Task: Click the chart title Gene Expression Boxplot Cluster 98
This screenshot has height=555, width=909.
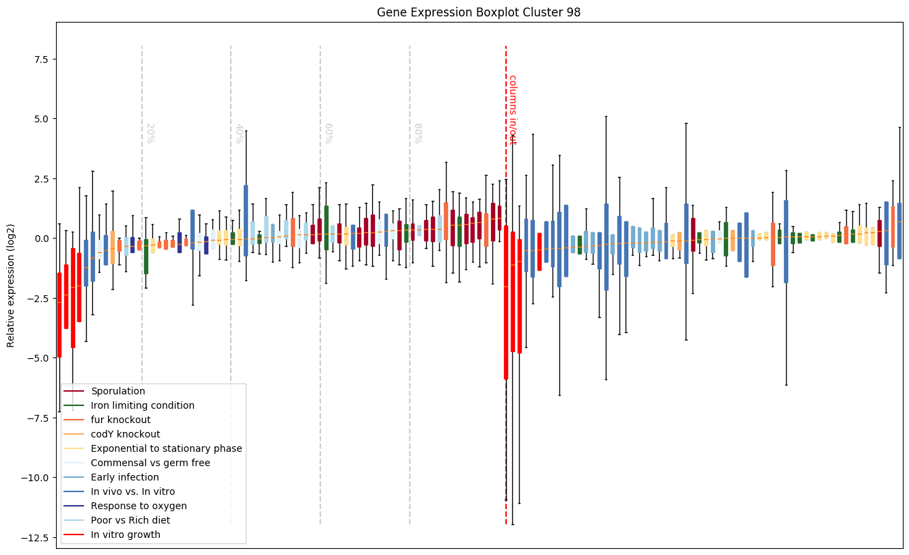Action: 479,12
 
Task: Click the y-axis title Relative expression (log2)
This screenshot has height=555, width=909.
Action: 11,285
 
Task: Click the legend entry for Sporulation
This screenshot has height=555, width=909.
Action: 117,392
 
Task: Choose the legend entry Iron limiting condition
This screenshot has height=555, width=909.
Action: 142,406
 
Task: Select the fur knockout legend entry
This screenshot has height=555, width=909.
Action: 120,420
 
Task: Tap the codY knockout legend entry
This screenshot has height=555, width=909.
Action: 125,435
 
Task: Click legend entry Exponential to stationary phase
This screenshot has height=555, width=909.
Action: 166,449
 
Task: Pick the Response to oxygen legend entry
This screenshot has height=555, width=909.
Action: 139,506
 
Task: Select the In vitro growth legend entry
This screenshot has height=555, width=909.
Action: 125,535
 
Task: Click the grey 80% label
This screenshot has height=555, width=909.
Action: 418,133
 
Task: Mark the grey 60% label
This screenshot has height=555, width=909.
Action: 328,133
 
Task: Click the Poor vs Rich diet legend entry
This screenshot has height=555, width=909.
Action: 130,521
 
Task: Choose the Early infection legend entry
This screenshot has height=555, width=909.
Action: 124,478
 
